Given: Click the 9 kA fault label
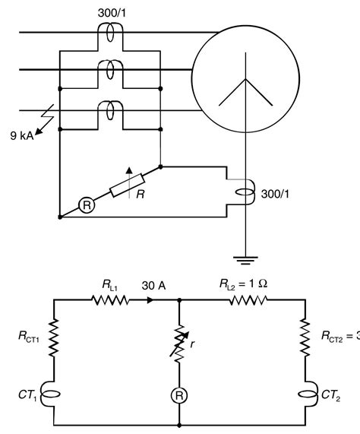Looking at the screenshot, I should (x=24, y=136).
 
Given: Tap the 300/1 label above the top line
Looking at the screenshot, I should (x=112, y=14).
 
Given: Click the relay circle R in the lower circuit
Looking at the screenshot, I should (x=179, y=396).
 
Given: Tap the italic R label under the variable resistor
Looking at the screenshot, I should (x=141, y=195).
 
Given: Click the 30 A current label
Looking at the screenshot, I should (x=153, y=287).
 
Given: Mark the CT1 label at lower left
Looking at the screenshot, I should (x=28, y=394).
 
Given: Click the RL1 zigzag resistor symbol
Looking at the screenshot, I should (x=108, y=300).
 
